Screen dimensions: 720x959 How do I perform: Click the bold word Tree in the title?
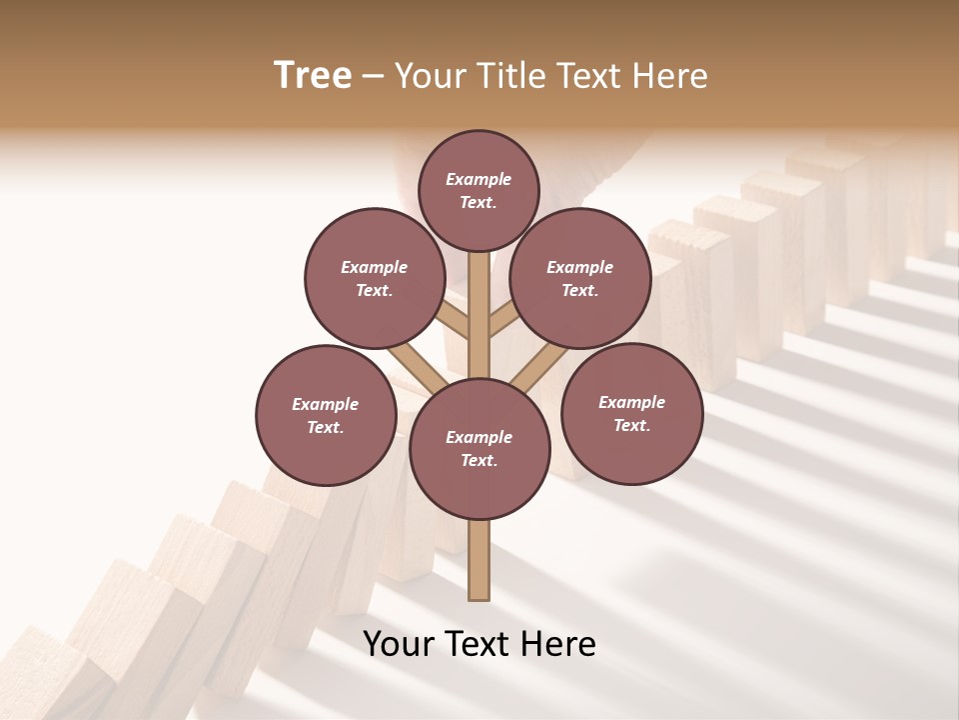[x=313, y=76]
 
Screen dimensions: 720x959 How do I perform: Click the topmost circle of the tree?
[x=479, y=190]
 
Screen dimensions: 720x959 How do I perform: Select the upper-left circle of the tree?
[x=375, y=278]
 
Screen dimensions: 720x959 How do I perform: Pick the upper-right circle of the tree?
[x=580, y=278]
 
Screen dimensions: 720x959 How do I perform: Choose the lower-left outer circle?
[x=326, y=415]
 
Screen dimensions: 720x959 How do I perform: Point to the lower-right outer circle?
[x=632, y=413]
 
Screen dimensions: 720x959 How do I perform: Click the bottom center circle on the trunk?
[x=479, y=448]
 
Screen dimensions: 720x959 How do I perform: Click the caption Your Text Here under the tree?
[x=479, y=644]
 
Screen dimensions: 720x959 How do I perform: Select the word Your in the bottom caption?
[x=398, y=644]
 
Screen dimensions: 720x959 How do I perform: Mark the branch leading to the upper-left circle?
[x=453, y=321]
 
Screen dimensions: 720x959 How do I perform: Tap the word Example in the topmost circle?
[x=479, y=179]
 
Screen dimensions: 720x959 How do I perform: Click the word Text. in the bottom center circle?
[x=479, y=460]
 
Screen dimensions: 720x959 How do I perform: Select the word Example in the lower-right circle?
[x=631, y=402]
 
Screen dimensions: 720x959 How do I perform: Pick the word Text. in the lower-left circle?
[x=325, y=427]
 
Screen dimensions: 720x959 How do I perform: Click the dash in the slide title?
[x=374, y=76]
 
